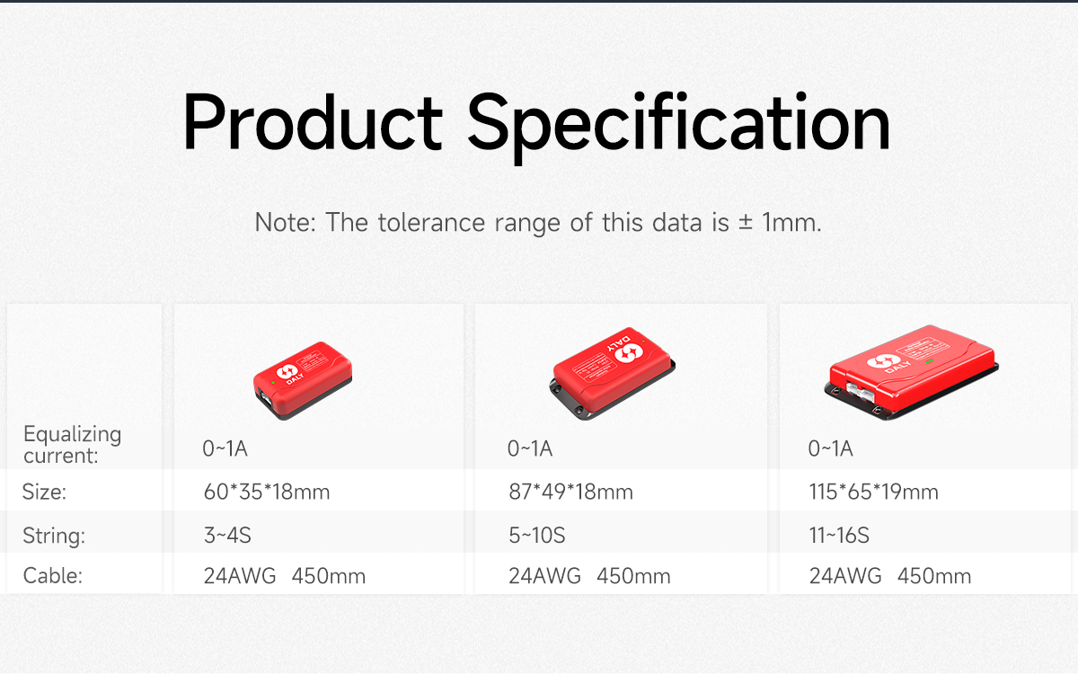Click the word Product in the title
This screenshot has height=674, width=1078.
tap(312, 123)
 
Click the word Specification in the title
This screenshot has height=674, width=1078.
tap(678, 123)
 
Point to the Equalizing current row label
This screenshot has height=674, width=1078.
tap(72, 444)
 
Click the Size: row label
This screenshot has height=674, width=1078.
tap(45, 492)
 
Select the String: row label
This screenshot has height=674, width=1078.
tap(54, 537)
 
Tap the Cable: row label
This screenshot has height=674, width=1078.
tap(52, 576)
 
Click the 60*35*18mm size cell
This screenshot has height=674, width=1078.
tap(266, 492)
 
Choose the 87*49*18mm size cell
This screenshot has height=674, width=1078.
tap(570, 492)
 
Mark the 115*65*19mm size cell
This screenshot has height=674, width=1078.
tap(873, 492)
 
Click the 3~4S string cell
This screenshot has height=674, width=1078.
tap(226, 537)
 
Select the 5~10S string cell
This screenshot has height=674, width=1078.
tap(536, 537)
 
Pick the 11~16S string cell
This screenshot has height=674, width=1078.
tap(839, 537)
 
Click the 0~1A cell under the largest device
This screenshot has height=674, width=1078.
tap(831, 448)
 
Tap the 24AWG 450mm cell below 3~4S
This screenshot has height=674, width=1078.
tap(284, 576)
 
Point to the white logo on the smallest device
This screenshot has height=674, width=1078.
tap(288, 373)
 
